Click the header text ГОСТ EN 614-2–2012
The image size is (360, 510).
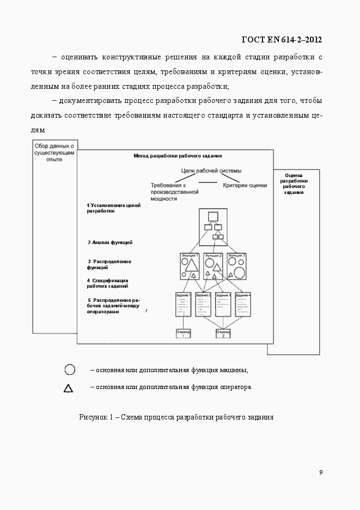click(x=281, y=40)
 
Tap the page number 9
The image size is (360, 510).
click(x=321, y=472)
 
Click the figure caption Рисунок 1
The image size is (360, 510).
click(x=176, y=417)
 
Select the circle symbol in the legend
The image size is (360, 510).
click(x=70, y=370)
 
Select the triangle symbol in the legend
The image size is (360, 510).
click(x=69, y=388)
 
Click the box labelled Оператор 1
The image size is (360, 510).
click(x=184, y=333)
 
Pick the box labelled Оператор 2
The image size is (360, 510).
click(x=223, y=333)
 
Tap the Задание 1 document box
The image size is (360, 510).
click(x=184, y=305)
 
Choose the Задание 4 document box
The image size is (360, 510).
click(x=242, y=305)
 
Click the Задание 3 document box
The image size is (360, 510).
click(x=223, y=305)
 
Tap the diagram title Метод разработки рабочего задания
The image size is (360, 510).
click(x=174, y=155)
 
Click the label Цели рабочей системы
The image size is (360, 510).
click(x=211, y=171)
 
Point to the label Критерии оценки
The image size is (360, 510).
click(x=245, y=185)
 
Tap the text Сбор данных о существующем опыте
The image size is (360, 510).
click(x=54, y=153)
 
